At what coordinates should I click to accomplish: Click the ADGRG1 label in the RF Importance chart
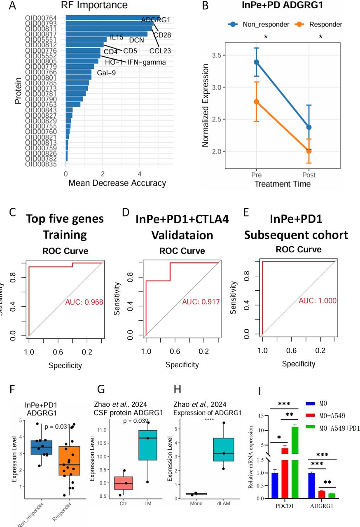pyautogui.click(x=152, y=20)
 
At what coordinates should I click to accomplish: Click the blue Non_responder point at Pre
pyautogui.click(x=257, y=62)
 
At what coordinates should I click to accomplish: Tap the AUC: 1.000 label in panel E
pyautogui.click(x=318, y=301)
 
